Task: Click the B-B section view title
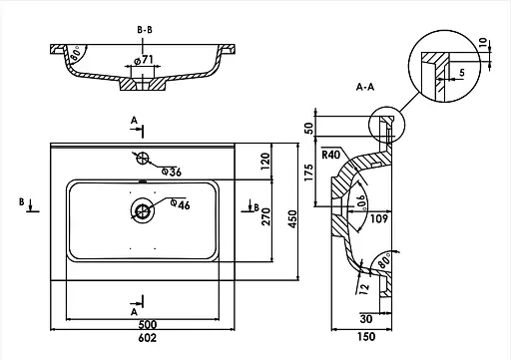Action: [x=145, y=30]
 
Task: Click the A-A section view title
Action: [x=365, y=87]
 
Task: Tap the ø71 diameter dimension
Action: [x=144, y=60]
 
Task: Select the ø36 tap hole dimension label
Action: [x=172, y=172]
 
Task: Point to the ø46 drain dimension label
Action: [x=180, y=204]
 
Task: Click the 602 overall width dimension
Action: [x=147, y=338]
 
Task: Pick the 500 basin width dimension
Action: [x=147, y=324]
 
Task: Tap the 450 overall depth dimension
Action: [x=292, y=218]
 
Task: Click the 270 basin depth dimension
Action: [x=266, y=216]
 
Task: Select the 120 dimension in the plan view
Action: [x=265, y=161]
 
